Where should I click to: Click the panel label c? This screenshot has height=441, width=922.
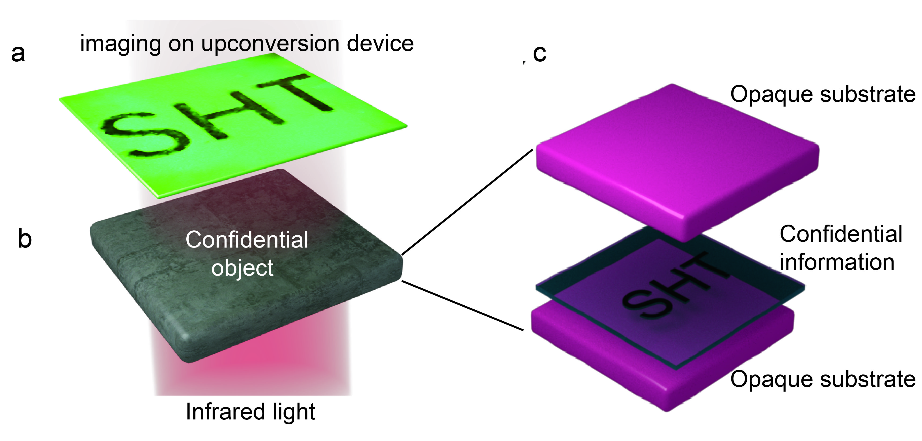pos(539,54)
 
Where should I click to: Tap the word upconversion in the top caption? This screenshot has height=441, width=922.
pos(270,44)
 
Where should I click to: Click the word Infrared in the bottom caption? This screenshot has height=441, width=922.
pos(225,412)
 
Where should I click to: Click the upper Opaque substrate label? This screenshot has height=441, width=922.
pos(822,95)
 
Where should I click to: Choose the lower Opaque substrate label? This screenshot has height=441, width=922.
pos(822,379)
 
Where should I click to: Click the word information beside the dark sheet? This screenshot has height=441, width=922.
pos(837,262)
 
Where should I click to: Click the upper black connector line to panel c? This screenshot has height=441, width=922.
pos(467,202)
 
